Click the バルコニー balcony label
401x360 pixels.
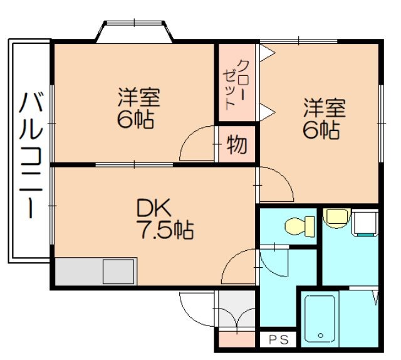31,155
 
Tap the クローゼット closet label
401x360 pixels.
235,85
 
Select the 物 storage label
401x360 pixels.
237,145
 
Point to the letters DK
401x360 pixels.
154,208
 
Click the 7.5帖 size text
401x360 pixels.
165,230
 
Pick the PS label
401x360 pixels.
278,339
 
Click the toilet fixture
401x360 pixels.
299,226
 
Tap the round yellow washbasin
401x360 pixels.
336,218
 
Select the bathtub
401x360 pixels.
320,319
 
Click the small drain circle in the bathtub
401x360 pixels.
320,336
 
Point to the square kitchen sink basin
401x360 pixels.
118,272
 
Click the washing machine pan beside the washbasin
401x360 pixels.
365,222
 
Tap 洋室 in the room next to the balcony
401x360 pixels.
139,97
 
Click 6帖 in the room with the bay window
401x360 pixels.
135,119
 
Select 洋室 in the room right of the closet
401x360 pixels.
325,108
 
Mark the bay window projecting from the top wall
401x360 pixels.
134,31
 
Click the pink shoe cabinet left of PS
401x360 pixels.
237,339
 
